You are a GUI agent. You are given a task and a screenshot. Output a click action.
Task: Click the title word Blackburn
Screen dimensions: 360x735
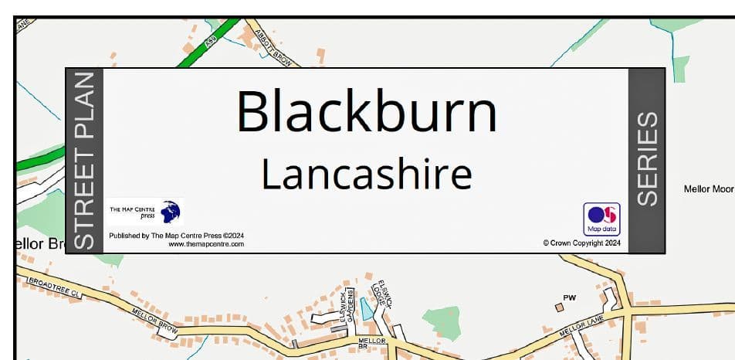point(367,112)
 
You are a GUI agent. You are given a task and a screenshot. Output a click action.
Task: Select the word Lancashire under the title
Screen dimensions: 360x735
point(366,175)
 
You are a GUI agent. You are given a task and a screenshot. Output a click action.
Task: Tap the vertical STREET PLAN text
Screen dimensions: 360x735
point(85,160)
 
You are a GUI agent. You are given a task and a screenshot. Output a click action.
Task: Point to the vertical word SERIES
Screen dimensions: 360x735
point(647,159)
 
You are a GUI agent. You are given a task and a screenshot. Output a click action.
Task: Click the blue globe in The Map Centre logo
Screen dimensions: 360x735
point(170,212)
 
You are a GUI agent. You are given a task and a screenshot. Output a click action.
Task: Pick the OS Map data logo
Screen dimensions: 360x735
point(602,219)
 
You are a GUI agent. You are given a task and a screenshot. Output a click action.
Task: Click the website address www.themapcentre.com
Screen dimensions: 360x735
point(206,244)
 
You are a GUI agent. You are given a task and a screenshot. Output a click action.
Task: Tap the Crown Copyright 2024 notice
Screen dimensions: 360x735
point(581,243)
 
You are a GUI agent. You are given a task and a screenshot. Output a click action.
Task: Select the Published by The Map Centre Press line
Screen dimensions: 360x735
point(176,235)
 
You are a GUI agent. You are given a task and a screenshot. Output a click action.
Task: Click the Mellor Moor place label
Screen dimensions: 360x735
point(709,188)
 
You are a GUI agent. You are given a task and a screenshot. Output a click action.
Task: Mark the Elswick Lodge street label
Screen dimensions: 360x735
point(380,294)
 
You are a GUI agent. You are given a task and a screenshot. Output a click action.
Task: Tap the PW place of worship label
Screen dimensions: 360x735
point(570,297)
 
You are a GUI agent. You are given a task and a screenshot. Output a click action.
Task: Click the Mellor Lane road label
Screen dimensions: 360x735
point(580,331)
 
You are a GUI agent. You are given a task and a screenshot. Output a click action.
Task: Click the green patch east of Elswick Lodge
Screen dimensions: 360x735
point(442,321)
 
